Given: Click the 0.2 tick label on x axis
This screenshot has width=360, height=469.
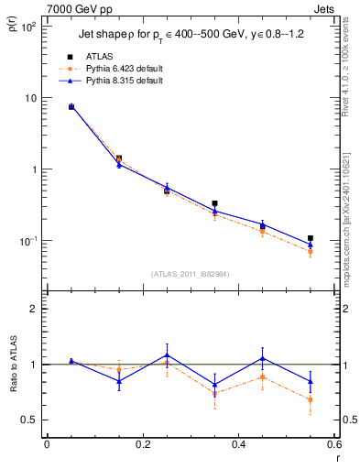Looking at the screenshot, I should [142, 446].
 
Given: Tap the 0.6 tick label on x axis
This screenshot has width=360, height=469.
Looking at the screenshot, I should [333, 446].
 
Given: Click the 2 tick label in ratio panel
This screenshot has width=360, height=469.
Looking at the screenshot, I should [33, 309].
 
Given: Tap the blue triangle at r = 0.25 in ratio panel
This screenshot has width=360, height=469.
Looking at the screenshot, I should [167, 354].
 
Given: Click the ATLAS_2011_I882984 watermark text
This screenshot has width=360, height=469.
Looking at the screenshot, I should [191, 273].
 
